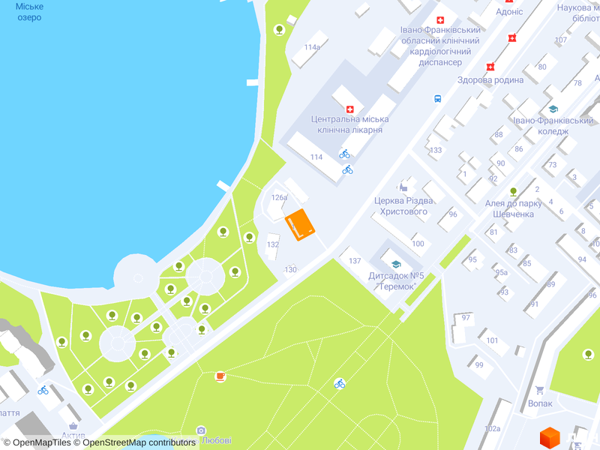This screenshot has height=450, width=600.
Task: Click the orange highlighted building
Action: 300,224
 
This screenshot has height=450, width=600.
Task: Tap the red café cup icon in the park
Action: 220,376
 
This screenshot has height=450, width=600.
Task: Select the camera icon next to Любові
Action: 201,430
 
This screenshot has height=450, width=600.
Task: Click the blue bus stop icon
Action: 437,98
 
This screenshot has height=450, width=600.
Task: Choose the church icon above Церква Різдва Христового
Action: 406,184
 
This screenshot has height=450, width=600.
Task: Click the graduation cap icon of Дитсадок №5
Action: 395,264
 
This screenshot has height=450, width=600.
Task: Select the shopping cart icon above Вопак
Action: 539,390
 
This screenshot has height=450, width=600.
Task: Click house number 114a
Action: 312,46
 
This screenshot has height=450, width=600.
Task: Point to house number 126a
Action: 279,197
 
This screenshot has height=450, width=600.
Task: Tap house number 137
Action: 355,260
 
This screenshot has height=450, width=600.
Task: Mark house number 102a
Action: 492,428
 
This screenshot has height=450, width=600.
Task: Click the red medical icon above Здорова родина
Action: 490,67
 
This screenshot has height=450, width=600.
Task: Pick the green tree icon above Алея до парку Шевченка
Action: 514,191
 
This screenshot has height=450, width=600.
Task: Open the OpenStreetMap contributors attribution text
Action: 139,442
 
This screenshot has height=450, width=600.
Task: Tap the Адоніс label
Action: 509,12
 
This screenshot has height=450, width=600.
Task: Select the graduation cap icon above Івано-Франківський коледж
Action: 553,109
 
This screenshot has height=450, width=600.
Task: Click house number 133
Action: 436,150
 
